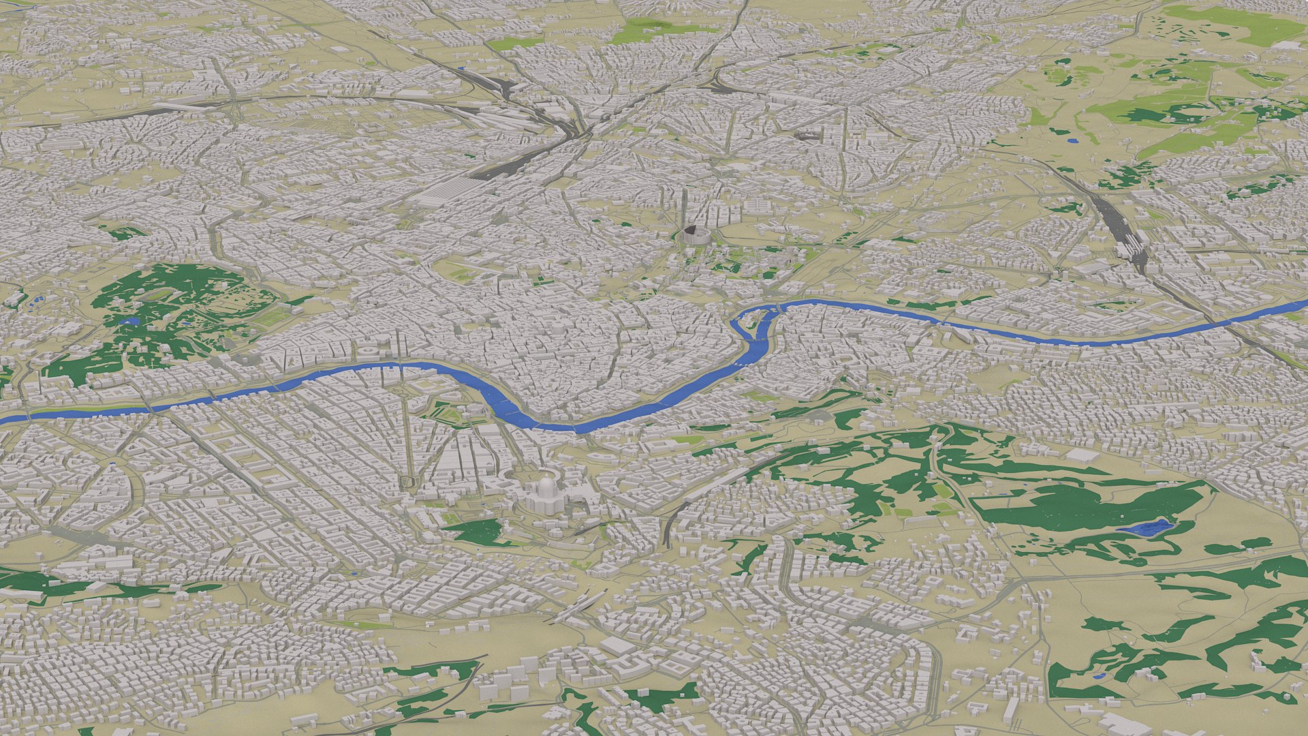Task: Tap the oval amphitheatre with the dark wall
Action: point(696,235)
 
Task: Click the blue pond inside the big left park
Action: point(128,320)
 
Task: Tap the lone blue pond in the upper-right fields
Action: point(1073,140)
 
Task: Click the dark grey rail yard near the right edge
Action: point(1124,232)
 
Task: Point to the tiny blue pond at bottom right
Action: point(1097,677)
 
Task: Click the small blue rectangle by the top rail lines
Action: point(463,68)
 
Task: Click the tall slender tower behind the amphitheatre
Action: point(685,204)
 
